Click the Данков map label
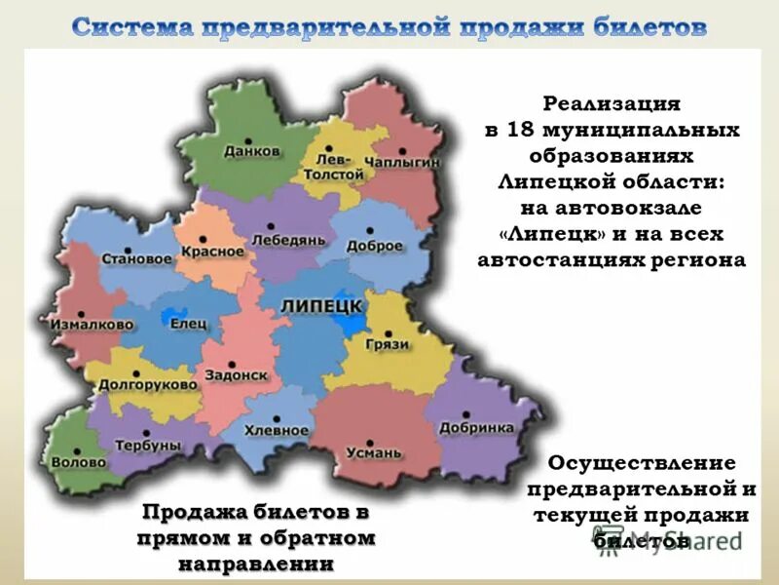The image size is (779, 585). click(251, 151)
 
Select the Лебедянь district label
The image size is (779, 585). click(281, 239)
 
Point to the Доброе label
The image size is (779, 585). click(373, 246)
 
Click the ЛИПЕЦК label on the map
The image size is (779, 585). click(321, 306)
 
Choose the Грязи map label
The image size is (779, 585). click(389, 344)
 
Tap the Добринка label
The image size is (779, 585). click(476, 427)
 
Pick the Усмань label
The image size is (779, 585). click(373, 452)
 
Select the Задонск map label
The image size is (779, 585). click(230, 374)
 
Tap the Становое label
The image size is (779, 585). click(137, 259)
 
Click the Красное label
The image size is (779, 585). click(211, 251)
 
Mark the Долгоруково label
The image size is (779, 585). click(148, 384)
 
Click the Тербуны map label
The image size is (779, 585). click(148, 445)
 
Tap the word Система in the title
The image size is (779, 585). click(132, 27)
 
